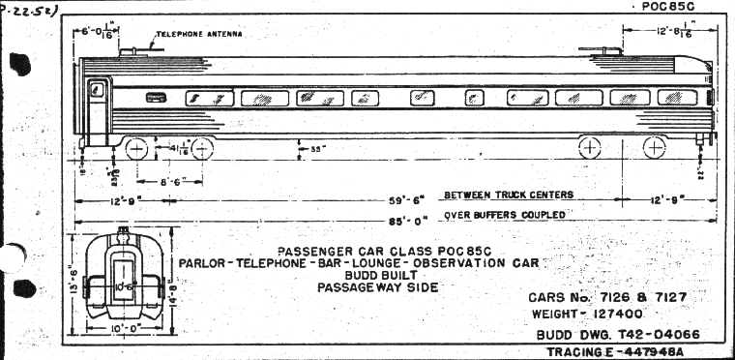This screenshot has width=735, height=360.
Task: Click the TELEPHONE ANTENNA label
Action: [199, 33]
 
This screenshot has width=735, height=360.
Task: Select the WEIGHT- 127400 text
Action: [593, 315]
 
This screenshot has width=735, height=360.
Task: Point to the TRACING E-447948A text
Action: [614, 352]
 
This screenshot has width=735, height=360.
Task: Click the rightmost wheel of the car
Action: [654, 148]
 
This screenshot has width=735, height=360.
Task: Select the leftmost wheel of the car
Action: [136, 149]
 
